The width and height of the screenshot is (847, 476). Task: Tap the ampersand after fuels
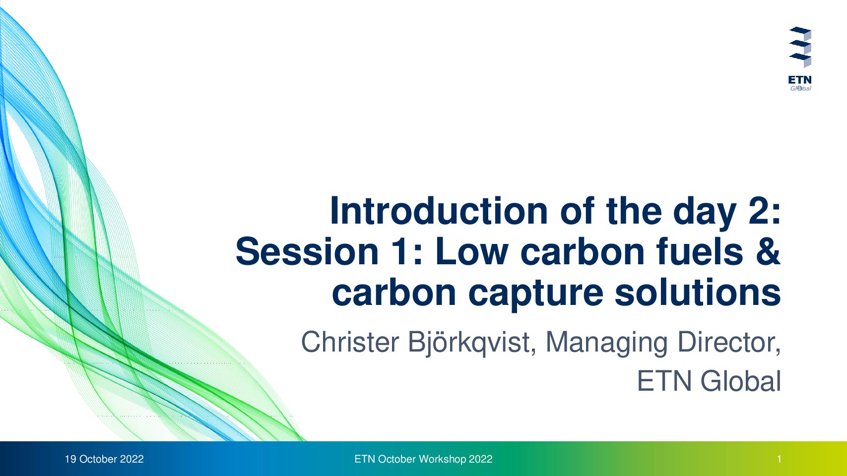point(767,251)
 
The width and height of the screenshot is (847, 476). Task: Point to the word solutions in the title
point(698,292)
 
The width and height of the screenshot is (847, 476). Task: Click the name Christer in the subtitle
point(350,342)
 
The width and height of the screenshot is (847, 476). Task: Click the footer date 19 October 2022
point(104,459)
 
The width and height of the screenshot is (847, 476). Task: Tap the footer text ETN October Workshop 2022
point(424,459)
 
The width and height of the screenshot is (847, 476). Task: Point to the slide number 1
point(779,459)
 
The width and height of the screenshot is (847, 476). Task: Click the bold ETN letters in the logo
point(800,80)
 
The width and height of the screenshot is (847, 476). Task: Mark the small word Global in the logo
point(800,88)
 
